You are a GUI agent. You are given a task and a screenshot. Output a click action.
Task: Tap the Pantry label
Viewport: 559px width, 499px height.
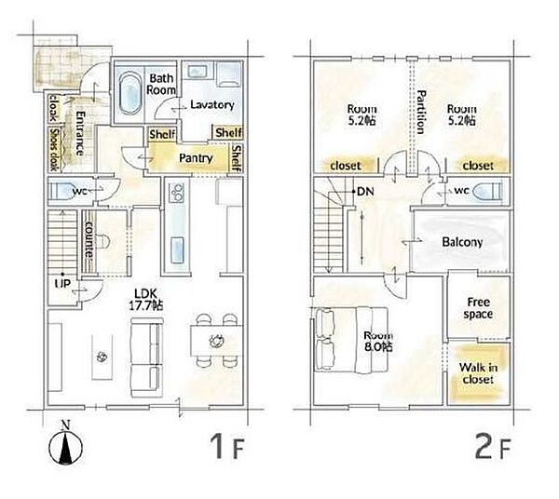(x=196, y=158)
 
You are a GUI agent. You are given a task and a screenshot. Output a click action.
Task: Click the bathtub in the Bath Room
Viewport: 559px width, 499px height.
(x=130, y=93)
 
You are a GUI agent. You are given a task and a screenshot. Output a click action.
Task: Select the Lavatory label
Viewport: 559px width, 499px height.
(x=212, y=104)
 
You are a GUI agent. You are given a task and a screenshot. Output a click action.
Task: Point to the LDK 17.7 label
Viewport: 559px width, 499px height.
(x=146, y=300)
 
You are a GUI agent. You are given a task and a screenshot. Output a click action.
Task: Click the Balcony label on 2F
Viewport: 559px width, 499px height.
(x=462, y=242)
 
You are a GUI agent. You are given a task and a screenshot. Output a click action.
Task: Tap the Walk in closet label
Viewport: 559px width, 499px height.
(x=478, y=373)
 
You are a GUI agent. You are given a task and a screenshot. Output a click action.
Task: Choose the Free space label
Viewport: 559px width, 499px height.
(x=478, y=308)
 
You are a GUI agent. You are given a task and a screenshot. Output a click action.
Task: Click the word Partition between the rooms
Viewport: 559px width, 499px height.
(x=421, y=112)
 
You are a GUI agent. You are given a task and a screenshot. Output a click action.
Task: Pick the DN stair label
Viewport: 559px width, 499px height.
(x=365, y=192)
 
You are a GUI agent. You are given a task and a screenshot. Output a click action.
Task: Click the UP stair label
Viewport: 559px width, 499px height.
(x=62, y=284)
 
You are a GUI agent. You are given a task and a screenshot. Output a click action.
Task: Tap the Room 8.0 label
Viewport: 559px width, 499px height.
(x=378, y=342)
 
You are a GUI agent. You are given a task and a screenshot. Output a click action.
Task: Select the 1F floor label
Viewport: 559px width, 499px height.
(x=226, y=446)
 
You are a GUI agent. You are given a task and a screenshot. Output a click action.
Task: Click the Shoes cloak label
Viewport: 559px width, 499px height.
(x=54, y=149)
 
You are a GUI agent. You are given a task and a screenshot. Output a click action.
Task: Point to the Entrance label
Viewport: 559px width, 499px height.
(x=80, y=133)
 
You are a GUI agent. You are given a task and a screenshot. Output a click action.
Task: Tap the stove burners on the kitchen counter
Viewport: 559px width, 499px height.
(x=176, y=193)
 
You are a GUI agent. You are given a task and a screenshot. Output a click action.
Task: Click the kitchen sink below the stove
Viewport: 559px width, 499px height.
(x=177, y=250)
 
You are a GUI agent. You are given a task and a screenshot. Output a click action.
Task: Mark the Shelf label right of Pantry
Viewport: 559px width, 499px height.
(x=237, y=157)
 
